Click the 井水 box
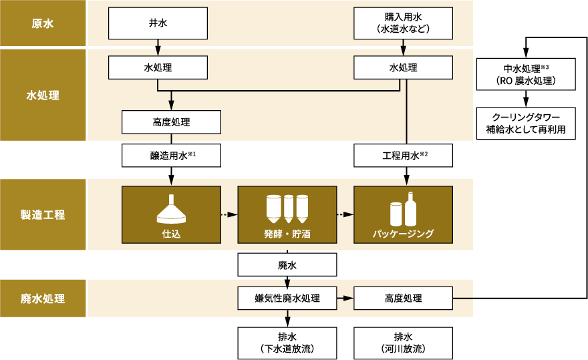158,23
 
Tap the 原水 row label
43,23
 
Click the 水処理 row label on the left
43,95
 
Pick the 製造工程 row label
43,214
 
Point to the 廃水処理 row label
43,298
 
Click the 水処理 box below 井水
158,67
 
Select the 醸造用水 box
172,156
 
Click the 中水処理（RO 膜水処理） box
526,74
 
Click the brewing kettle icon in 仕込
172,209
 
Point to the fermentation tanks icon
287,209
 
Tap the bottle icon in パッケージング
410,209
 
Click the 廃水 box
287,265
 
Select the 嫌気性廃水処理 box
287,298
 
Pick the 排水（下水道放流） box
287,343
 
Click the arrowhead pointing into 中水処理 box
526,53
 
